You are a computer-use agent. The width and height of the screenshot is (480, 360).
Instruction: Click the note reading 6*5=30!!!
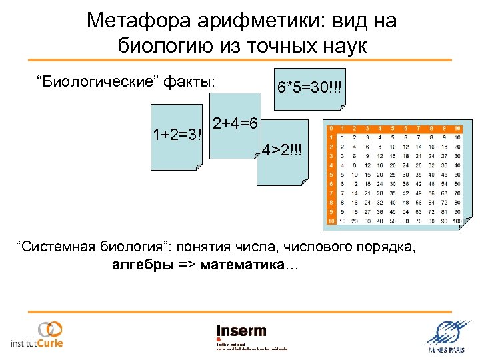point(308,87)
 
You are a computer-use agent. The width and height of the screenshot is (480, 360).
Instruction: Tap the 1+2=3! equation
point(177,135)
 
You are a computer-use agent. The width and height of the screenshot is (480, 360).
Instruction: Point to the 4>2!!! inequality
point(283,148)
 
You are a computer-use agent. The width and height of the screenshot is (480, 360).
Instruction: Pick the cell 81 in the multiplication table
point(445,211)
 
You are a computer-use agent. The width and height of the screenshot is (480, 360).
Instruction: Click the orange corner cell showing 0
point(330,127)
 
